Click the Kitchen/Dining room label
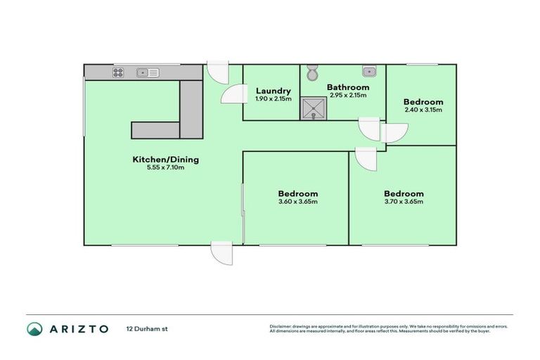(166, 160)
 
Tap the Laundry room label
(274, 91)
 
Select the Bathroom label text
(348, 88)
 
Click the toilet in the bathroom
(313, 72)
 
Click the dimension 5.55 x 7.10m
(166, 168)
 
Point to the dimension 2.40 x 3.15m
(423, 110)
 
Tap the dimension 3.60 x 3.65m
(297, 202)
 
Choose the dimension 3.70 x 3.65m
(403, 202)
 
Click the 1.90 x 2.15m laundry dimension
(274, 99)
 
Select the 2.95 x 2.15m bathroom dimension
(348, 96)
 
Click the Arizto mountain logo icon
(35, 329)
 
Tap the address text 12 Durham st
(147, 329)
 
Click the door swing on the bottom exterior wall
(221, 252)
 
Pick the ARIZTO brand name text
(78, 329)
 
